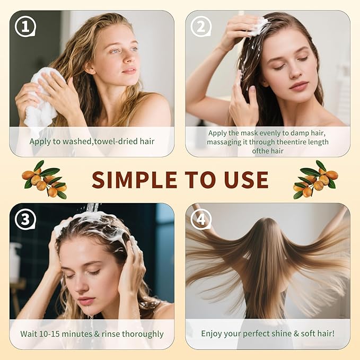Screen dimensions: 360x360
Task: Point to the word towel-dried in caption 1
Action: click(x=109, y=142)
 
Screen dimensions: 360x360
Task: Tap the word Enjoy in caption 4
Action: click(x=213, y=334)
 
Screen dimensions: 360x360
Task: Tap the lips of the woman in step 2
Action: click(x=298, y=86)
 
